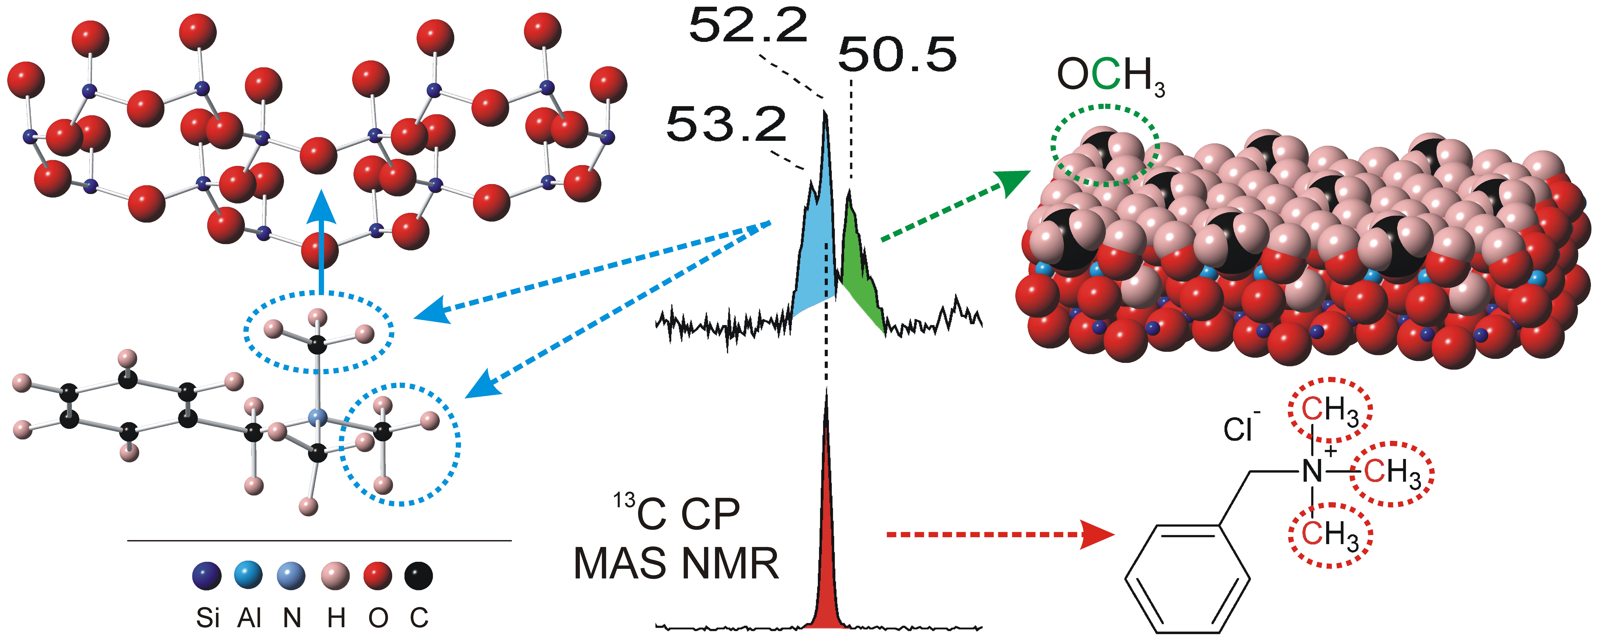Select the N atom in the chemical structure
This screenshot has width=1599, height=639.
tap(1312, 471)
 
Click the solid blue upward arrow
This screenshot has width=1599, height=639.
tap(321, 242)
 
